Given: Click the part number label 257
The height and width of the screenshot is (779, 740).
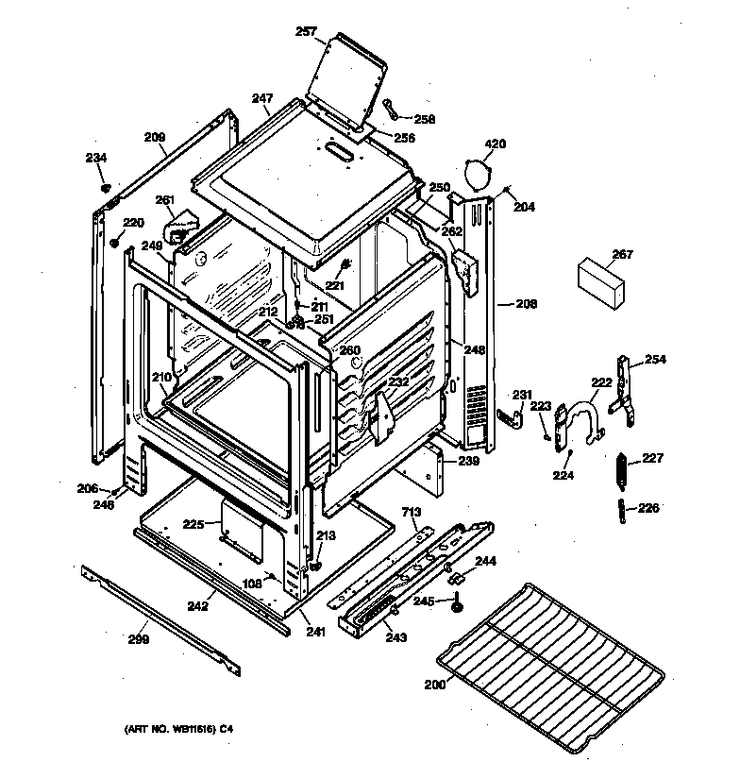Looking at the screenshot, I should [306, 33].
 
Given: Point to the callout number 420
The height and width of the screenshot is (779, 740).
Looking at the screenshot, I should [496, 144].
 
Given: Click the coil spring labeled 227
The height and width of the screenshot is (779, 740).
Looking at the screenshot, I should [621, 469].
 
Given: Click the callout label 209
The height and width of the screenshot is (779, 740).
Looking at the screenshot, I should [155, 137].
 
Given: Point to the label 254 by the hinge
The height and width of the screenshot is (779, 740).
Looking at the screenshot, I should [655, 360].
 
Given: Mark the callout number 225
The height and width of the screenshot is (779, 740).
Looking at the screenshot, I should [193, 523].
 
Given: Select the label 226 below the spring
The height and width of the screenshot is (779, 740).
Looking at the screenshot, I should [648, 508].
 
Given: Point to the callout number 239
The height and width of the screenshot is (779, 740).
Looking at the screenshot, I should [469, 462].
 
